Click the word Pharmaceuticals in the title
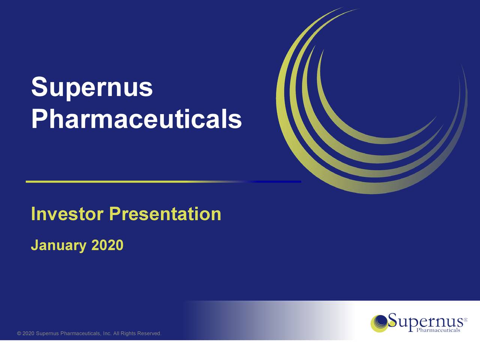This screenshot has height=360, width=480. pyautogui.click(x=136, y=119)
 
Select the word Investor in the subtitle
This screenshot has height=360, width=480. pyautogui.click(x=67, y=214)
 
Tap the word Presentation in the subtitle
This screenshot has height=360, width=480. pyautogui.click(x=165, y=214)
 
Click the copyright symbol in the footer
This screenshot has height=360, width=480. pyautogui.click(x=19, y=334)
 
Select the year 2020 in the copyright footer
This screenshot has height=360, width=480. pyautogui.click(x=28, y=334)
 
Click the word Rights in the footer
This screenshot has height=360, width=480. pyautogui.click(x=128, y=334)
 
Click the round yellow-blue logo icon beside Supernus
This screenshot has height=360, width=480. pyautogui.click(x=379, y=323)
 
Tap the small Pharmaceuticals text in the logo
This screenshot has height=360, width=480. pyautogui.click(x=438, y=330)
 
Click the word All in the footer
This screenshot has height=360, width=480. pyautogui.click(x=117, y=334)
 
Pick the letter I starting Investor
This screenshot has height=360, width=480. pyautogui.click(x=33, y=214)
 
